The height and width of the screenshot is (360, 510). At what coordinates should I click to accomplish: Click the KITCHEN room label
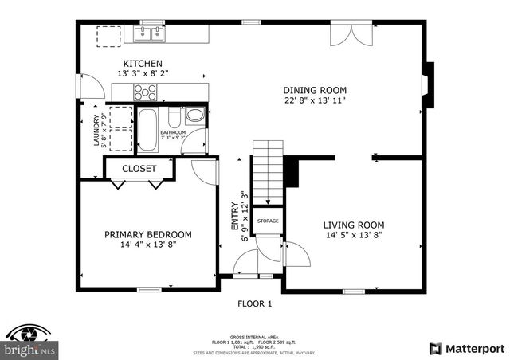143,64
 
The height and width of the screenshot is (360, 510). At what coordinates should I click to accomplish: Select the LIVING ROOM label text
353,225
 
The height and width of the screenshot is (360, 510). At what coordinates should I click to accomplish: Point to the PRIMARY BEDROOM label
148,234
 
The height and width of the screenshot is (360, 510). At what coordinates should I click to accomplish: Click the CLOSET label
139,169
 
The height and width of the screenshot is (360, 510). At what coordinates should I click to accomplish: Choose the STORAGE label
268,221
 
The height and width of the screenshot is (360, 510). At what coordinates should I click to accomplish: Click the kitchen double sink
147,33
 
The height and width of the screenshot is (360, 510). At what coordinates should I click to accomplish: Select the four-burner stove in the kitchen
145,92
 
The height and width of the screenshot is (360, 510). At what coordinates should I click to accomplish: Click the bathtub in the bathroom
147,130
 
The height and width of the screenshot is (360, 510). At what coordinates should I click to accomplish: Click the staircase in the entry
269,171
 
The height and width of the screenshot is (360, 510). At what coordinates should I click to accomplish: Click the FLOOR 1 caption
255,303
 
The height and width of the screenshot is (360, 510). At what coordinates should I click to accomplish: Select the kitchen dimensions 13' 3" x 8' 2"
143,73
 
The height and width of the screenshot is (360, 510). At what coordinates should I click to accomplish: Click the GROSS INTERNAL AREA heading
254,335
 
